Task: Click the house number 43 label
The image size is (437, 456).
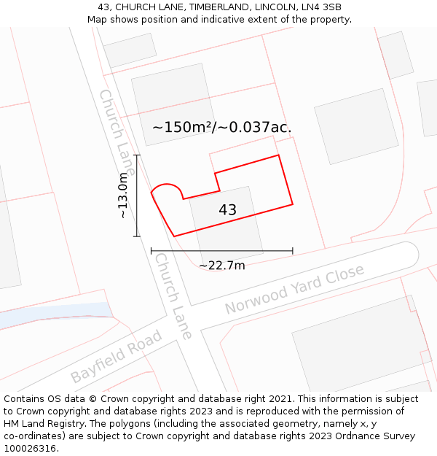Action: pyautogui.click(x=227, y=210)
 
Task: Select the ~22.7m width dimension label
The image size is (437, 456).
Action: pyautogui.click(x=221, y=266)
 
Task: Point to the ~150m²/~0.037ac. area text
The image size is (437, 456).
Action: pyautogui.click(x=221, y=127)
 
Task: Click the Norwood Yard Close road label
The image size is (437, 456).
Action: pyautogui.click(x=294, y=290)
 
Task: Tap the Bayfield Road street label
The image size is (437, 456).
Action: pyautogui.click(x=117, y=356)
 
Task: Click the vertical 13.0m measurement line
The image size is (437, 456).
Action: pyautogui.click(x=137, y=196)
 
